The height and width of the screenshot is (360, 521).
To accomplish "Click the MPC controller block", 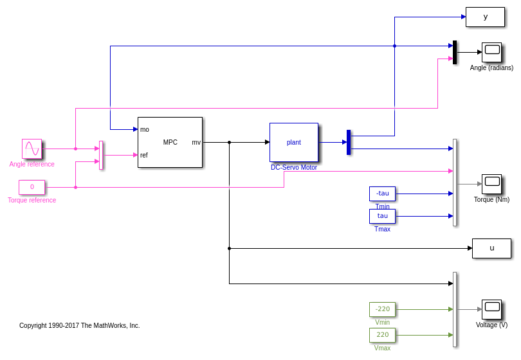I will click(x=170, y=142).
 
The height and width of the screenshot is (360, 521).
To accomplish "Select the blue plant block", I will click(x=293, y=142).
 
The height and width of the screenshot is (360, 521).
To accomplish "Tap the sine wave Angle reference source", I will click(x=32, y=148).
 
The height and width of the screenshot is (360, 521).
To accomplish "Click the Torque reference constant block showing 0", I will click(x=32, y=187).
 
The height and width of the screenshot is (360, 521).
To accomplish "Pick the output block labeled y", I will click(x=485, y=17).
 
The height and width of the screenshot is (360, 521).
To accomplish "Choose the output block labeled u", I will click(x=491, y=248).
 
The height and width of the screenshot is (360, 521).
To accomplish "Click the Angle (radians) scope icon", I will click(x=491, y=52).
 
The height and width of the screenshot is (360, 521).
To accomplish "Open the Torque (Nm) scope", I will click(x=491, y=184).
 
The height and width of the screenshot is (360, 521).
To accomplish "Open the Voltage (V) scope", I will click(x=491, y=309).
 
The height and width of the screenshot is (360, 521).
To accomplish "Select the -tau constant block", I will click(x=382, y=194).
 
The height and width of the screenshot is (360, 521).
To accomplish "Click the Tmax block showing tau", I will click(x=382, y=216).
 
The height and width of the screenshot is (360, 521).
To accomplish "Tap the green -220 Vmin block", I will click(x=382, y=309).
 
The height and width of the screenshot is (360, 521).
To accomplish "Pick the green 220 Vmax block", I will click(x=382, y=335).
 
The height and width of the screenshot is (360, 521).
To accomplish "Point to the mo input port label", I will click(x=145, y=129).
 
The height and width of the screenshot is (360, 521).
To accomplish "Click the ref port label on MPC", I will click(x=144, y=155).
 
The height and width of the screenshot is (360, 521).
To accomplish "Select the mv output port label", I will click(x=196, y=142).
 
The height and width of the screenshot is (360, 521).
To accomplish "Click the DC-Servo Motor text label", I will click(x=293, y=167).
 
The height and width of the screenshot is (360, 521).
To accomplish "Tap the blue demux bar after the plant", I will click(x=349, y=142).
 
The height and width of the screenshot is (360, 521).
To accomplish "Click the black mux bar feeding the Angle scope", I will click(x=455, y=52).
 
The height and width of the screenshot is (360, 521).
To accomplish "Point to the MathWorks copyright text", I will click(x=79, y=325).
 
